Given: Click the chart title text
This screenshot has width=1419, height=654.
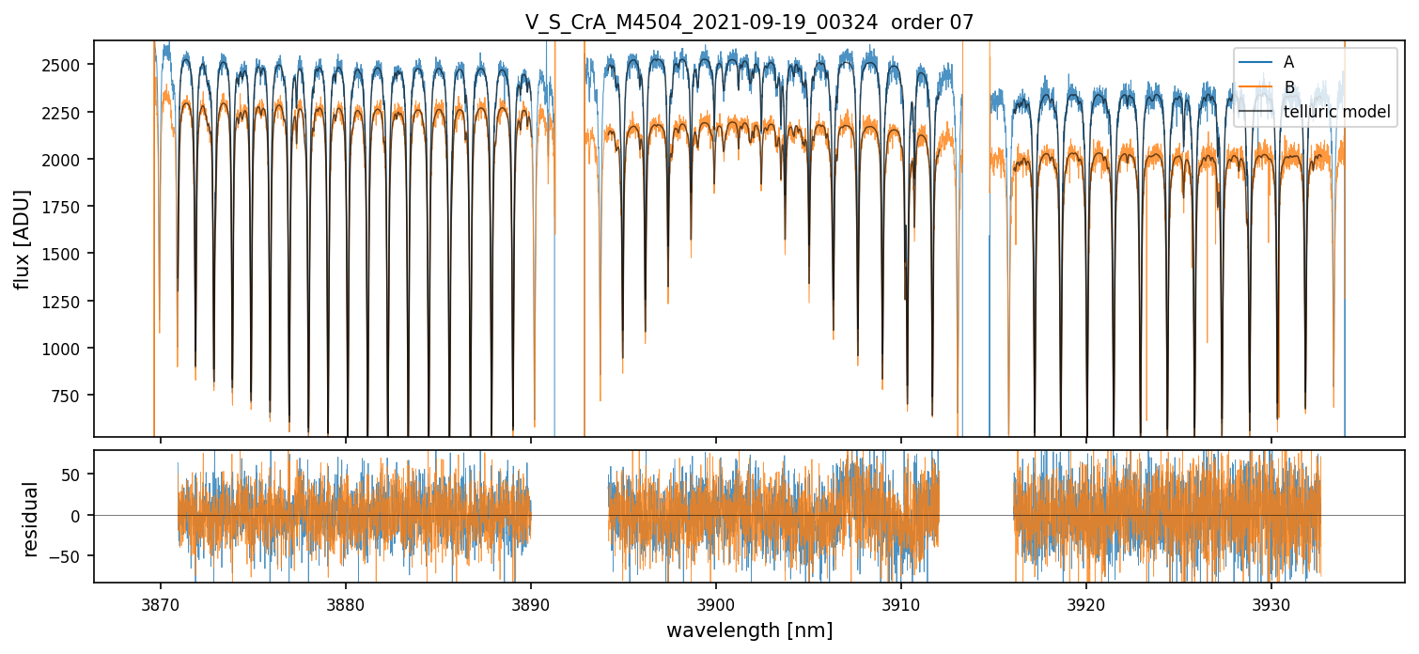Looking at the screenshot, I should (749, 23).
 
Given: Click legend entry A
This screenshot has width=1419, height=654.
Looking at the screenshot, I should (1288, 62).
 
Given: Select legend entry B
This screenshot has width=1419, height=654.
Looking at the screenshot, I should (1288, 87).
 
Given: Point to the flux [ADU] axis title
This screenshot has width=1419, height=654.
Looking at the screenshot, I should (22, 239).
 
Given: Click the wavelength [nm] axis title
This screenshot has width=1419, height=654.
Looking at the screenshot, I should (749, 631).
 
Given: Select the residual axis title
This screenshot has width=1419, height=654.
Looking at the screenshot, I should (31, 519).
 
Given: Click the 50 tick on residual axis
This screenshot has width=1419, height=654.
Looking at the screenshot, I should (71, 475).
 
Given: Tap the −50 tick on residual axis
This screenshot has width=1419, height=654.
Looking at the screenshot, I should (68, 556).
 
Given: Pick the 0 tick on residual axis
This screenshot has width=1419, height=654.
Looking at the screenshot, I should (76, 516).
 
